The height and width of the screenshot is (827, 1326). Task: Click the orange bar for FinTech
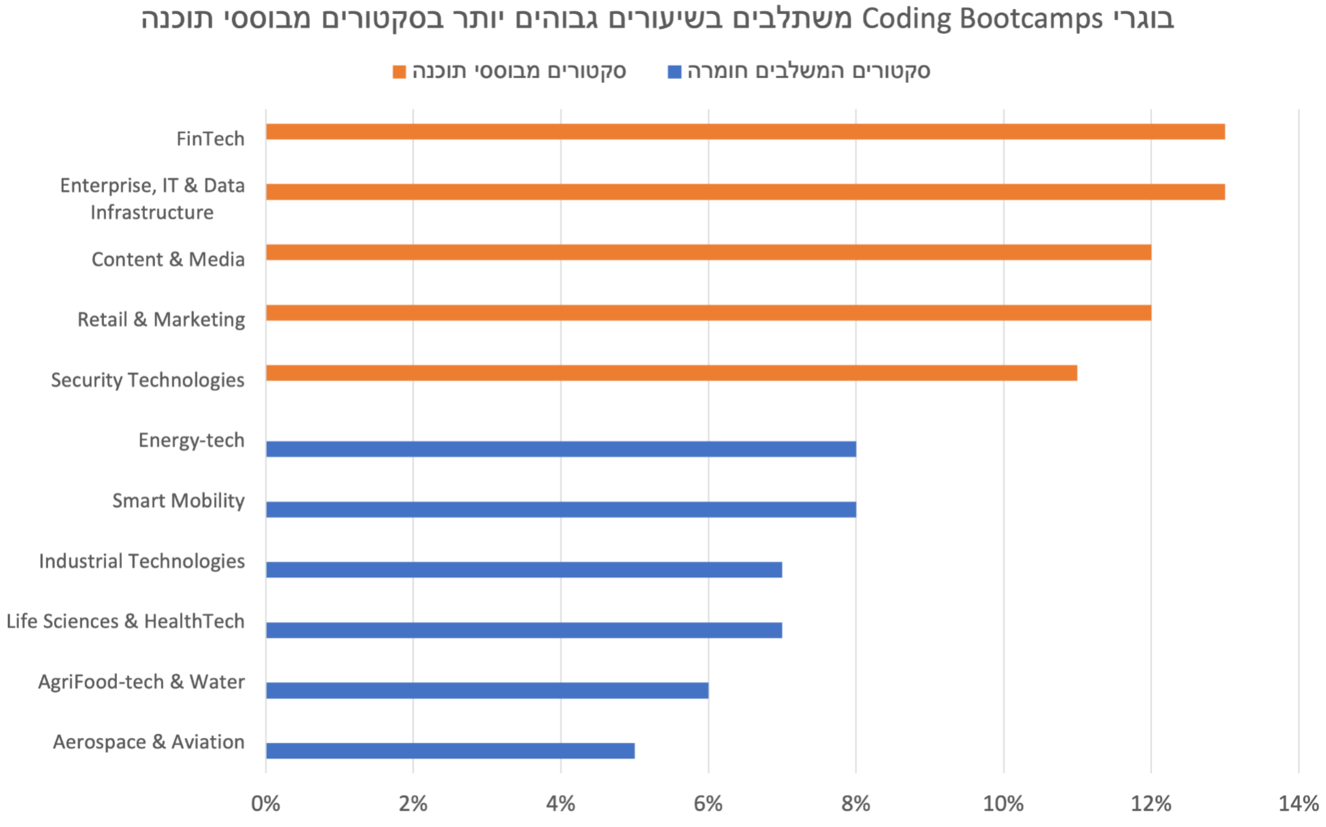(745, 131)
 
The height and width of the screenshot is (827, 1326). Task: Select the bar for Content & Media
(708, 252)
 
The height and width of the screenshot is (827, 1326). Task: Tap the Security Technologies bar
(671, 373)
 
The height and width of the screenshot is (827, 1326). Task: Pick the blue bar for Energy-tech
(560, 449)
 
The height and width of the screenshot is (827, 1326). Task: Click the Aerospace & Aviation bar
(450, 751)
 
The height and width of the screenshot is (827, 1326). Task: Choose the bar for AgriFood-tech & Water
(487, 690)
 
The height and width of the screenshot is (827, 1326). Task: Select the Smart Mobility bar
(560, 509)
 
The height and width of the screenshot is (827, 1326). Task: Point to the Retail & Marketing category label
(161, 319)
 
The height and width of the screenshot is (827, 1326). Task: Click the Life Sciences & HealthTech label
(125, 621)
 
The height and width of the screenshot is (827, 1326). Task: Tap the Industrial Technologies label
(142, 561)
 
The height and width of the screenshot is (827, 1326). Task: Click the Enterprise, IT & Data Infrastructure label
(152, 199)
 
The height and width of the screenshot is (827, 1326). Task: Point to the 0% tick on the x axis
(266, 805)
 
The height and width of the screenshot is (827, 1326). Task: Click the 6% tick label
(708, 805)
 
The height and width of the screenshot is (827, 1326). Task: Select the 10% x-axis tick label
(1003, 805)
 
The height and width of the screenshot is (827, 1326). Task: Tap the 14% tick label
(1298, 805)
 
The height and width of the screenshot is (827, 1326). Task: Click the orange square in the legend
(399, 72)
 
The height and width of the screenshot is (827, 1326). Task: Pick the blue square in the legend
(675, 72)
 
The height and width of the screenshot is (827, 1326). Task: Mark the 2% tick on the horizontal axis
(413, 805)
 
